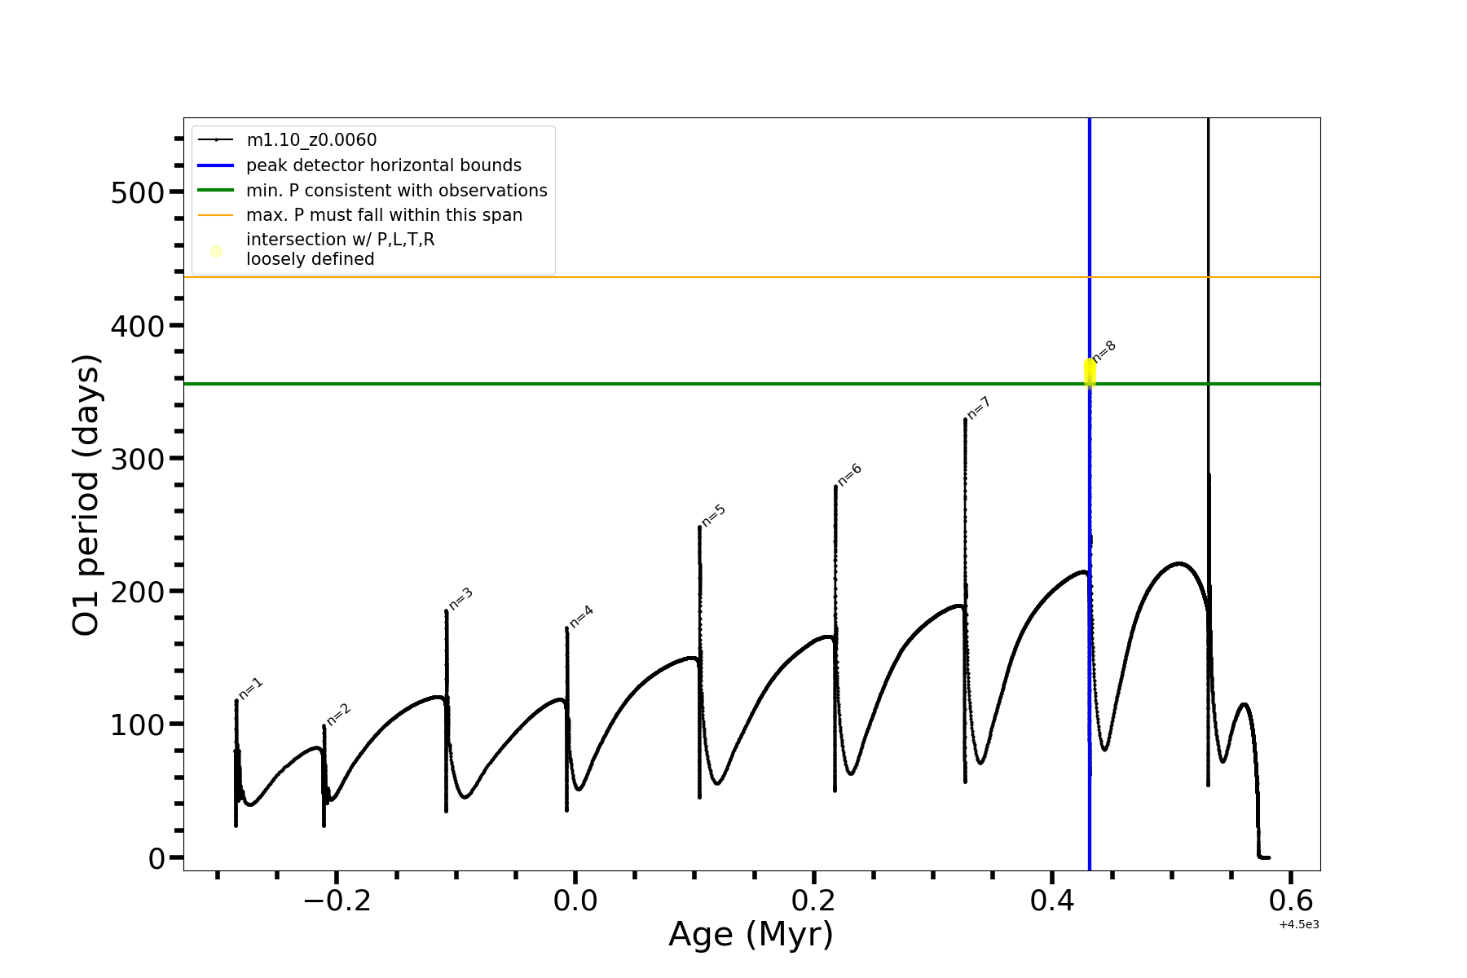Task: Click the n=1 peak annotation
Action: (x=251, y=689)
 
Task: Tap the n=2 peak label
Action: (x=339, y=714)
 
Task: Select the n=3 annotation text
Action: (x=461, y=599)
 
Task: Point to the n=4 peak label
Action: (x=582, y=617)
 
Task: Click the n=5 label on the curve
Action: (x=714, y=515)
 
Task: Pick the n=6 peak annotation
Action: (x=850, y=474)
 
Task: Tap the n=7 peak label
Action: (x=979, y=407)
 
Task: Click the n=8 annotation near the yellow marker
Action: (x=1104, y=351)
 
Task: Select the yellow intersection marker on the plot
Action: (x=1090, y=372)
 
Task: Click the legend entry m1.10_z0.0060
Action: (x=311, y=140)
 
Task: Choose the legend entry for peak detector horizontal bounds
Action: (x=384, y=165)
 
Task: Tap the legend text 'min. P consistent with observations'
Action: (x=397, y=191)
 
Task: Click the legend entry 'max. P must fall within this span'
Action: (x=384, y=215)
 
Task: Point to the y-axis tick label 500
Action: (x=137, y=193)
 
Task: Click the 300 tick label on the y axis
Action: (x=137, y=460)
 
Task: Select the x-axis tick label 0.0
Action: (x=575, y=901)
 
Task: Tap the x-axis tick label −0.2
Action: (x=337, y=901)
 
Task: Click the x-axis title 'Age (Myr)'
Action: (x=751, y=935)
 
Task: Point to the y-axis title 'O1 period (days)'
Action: (x=86, y=495)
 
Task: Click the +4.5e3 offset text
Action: (x=1299, y=924)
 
